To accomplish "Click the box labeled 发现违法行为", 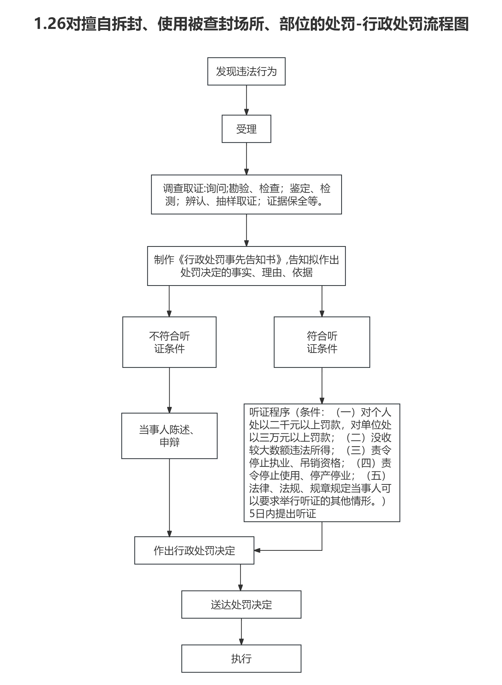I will pyautogui.click(x=246, y=71).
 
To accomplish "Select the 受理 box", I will pyautogui.click(x=246, y=129).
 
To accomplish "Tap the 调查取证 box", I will pyautogui.click(x=246, y=194).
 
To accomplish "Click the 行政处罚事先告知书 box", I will pyautogui.click(x=246, y=266).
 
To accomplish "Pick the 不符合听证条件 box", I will pyautogui.click(x=169, y=342).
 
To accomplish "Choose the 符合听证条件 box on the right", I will pyautogui.click(x=322, y=342).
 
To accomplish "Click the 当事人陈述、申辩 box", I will pyautogui.click(x=169, y=436).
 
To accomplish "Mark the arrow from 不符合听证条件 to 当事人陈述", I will pyautogui.click(x=169, y=390).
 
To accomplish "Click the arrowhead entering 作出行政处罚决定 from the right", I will pyautogui.click(x=257, y=550).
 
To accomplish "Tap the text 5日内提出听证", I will pyautogui.click(x=283, y=513).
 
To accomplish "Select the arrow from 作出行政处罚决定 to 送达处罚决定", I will pyautogui.click(x=240, y=577).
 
